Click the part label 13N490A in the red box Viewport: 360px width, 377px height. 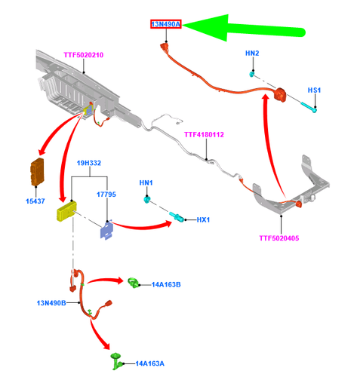(166, 25)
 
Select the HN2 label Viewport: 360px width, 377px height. (252, 54)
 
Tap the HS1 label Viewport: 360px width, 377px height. (314, 90)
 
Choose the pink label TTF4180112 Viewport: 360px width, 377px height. (204, 135)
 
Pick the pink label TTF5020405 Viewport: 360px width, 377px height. (279, 238)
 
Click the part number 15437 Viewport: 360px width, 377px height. (36, 201)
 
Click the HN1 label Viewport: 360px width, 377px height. (146, 183)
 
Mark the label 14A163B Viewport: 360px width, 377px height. (166, 284)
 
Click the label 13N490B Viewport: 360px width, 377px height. (51, 303)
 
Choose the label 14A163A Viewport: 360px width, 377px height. (152, 363)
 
